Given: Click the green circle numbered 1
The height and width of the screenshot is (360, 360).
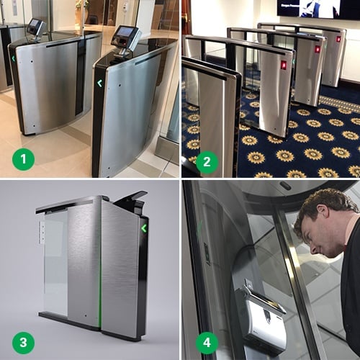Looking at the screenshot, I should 24,158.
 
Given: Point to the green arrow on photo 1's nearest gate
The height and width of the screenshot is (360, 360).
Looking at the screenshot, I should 99,83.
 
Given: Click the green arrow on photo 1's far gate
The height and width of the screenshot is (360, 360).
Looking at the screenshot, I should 13,60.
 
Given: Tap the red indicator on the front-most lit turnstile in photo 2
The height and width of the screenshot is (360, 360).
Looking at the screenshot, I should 283,65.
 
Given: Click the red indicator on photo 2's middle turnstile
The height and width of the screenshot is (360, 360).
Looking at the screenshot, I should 317,49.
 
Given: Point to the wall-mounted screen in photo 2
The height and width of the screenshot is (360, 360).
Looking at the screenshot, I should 317,8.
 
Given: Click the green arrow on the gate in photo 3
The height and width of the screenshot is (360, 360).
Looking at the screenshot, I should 144,228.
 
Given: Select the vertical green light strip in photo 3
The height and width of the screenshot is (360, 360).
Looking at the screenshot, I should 100,288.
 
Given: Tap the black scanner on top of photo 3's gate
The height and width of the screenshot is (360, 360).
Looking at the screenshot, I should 132,201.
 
